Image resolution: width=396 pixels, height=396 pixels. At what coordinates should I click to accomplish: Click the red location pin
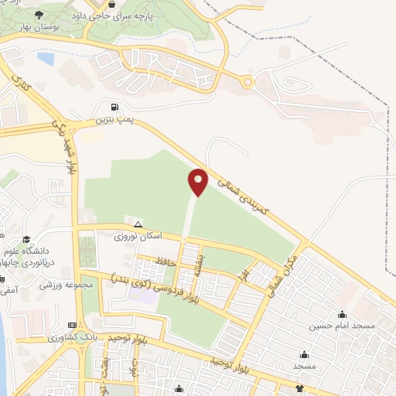tap(198, 181)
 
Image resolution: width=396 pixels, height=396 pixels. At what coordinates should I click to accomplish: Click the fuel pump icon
tap(114, 108)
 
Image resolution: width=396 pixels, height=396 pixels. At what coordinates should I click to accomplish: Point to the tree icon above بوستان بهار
tap(39, 15)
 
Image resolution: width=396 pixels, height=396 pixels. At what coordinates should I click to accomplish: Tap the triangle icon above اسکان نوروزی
tap(138, 223)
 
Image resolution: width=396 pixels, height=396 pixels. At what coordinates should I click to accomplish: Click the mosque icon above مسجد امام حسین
tap(343, 314)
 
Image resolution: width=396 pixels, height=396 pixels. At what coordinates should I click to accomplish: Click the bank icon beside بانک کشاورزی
tap(73, 326)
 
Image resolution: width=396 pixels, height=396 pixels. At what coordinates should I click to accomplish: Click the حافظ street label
tap(166, 264)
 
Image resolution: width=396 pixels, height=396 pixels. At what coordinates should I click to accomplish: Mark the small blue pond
tap(46, 58)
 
